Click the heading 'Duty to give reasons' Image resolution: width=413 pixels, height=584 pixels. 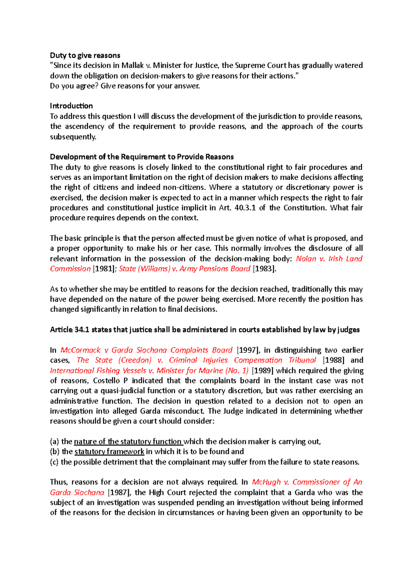[x=85, y=55]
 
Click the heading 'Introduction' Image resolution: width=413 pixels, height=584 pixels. [x=71, y=106]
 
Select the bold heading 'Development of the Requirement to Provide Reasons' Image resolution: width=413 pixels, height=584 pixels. [x=142, y=157]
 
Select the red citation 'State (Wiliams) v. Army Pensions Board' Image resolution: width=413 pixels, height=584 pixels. [x=184, y=269]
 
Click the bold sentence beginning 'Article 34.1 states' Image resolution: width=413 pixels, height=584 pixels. [x=205, y=330]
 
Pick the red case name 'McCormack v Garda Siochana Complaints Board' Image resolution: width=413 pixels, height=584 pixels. [x=147, y=350]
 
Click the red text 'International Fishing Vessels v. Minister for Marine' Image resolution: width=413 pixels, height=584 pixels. [x=149, y=371]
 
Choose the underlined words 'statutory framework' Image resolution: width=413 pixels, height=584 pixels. [x=109, y=452]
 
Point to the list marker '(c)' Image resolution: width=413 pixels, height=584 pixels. [x=54, y=462]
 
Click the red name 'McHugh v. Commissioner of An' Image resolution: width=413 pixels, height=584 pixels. [x=307, y=482]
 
